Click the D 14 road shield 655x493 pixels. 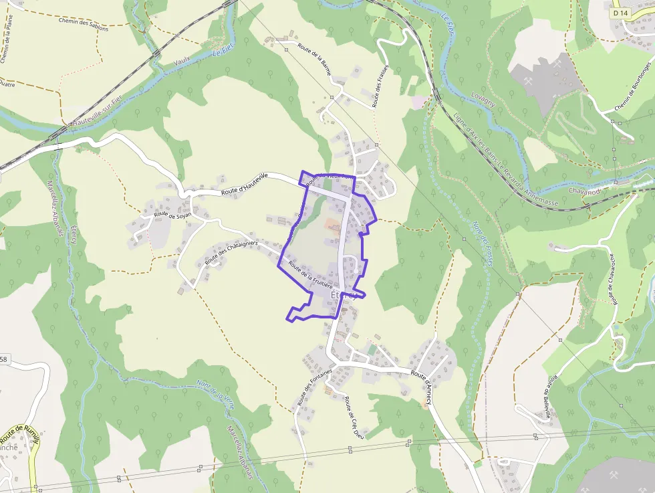pos(620,13)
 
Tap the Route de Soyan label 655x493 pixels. pos(172,214)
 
